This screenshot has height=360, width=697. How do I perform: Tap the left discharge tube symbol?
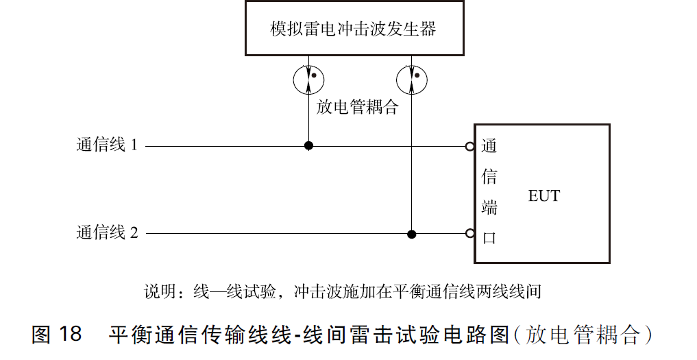[x=308, y=80]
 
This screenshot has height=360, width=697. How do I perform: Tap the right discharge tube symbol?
[x=411, y=80]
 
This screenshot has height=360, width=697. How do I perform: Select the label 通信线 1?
[x=107, y=145]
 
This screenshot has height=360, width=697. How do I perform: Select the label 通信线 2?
[x=107, y=233]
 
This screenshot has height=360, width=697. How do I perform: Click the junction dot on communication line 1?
[x=308, y=145]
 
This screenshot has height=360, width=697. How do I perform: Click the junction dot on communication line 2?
[x=411, y=234]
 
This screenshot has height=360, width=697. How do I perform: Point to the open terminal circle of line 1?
[x=469, y=146]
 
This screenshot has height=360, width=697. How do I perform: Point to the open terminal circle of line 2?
[x=469, y=233]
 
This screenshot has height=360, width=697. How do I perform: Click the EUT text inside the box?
[x=543, y=196]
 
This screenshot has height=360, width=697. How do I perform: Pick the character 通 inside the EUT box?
[x=489, y=146]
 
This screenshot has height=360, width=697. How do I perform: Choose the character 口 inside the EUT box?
[x=489, y=237]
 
